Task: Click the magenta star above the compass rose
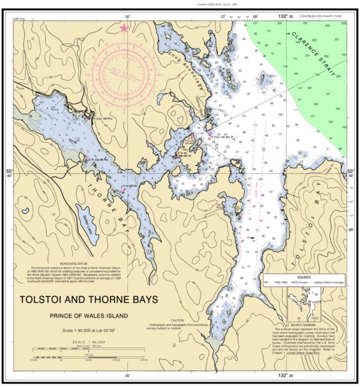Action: (123, 28)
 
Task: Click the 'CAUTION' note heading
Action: (178, 320)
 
